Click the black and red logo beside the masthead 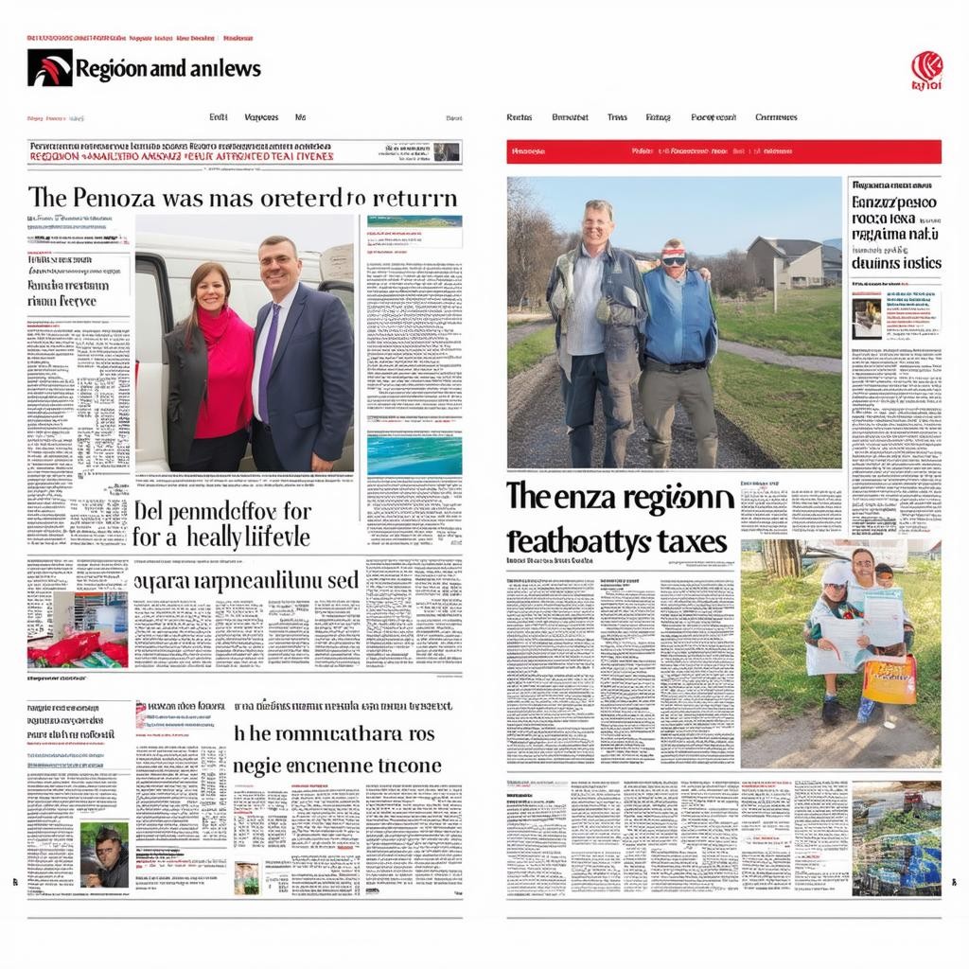point(49,68)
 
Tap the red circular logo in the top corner point(926,68)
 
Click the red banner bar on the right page point(723,151)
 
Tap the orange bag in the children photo point(889,678)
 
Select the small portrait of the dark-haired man point(104,854)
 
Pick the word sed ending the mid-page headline point(343,580)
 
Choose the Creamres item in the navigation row point(775,117)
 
